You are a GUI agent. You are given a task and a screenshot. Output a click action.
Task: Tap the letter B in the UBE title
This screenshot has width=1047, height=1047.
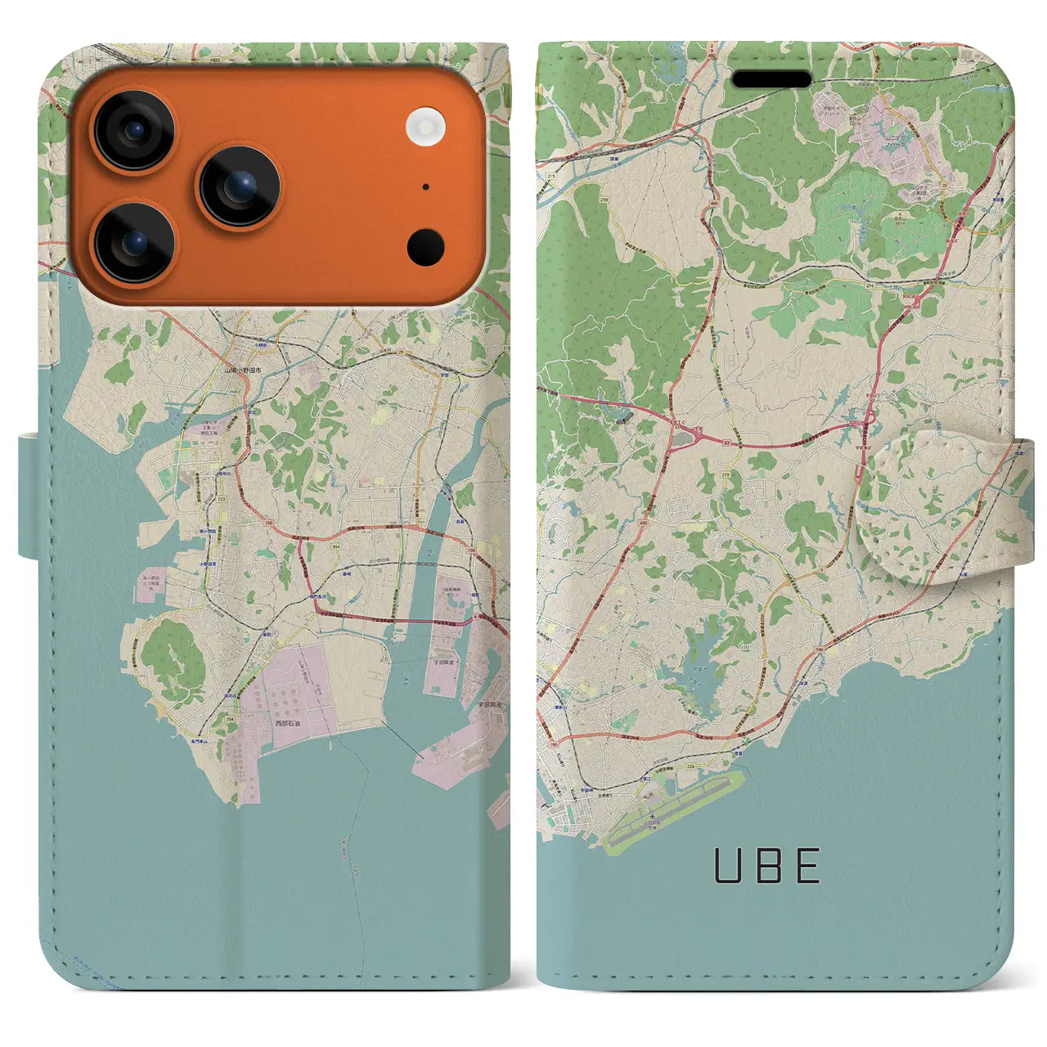click(767, 866)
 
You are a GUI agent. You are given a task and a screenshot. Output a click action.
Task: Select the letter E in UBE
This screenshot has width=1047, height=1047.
click(807, 866)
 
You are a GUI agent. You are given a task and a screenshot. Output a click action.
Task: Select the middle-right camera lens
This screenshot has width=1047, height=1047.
click(239, 186)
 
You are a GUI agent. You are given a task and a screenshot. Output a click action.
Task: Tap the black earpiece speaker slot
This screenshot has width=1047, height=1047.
click(771, 79)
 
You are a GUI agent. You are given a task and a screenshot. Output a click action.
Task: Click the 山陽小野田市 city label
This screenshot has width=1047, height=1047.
click(243, 370)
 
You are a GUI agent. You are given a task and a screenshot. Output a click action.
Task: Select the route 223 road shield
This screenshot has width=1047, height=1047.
click(222, 497)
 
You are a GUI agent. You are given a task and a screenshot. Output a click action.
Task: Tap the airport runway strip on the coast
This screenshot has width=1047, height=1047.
click(675, 810)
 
